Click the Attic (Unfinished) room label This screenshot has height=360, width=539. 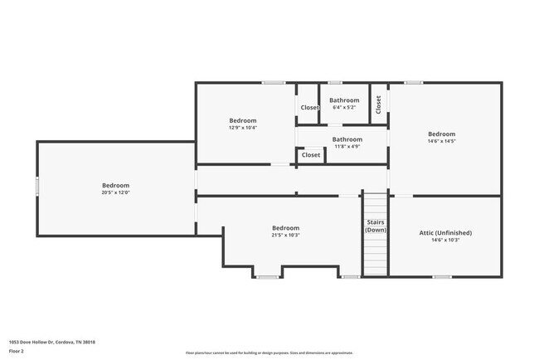point(445,233)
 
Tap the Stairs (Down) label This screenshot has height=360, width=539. point(376,226)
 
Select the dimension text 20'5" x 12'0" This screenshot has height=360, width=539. point(115,192)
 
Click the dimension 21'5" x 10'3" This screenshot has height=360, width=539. point(285,235)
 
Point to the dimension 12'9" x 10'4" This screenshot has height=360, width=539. point(243,127)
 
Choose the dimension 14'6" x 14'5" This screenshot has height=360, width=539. point(441,141)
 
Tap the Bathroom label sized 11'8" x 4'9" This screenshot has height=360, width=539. point(347,139)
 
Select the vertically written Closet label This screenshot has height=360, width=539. point(379,104)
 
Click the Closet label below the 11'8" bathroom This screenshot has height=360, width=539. point(311,155)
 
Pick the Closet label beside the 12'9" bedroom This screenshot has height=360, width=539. point(309,107)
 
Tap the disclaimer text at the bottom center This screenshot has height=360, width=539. point(269,352)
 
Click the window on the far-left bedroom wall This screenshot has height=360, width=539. point(37,187)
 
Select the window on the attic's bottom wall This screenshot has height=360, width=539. point(442,276)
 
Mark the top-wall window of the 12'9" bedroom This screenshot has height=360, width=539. point(274,82)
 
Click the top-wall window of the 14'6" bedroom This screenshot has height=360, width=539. point(413,82)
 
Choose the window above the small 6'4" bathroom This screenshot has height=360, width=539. point(335,82)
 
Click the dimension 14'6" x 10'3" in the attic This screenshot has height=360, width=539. point(445,241)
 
